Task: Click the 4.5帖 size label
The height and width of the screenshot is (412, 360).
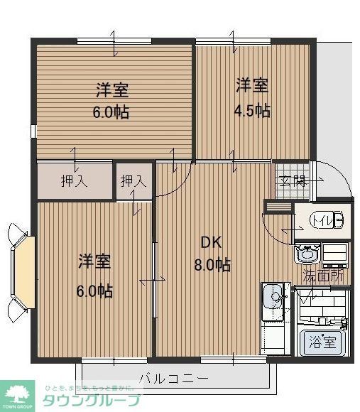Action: coord(252,111)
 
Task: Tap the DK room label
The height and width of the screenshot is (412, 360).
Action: coord(211,242)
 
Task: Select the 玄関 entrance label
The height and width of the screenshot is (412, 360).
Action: coord(291,180)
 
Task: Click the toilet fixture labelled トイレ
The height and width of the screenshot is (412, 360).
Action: coord(329,220)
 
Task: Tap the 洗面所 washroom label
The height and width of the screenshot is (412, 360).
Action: coord(324,275)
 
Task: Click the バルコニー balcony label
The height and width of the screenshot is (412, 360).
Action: coord(173,378)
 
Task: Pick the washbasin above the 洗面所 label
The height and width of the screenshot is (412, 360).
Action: coord(308,253)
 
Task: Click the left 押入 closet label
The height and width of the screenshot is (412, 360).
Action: coord(74,181)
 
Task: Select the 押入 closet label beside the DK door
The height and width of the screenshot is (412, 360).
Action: coord(133,181)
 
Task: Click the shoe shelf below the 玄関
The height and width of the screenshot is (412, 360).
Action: coord(278,207)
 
